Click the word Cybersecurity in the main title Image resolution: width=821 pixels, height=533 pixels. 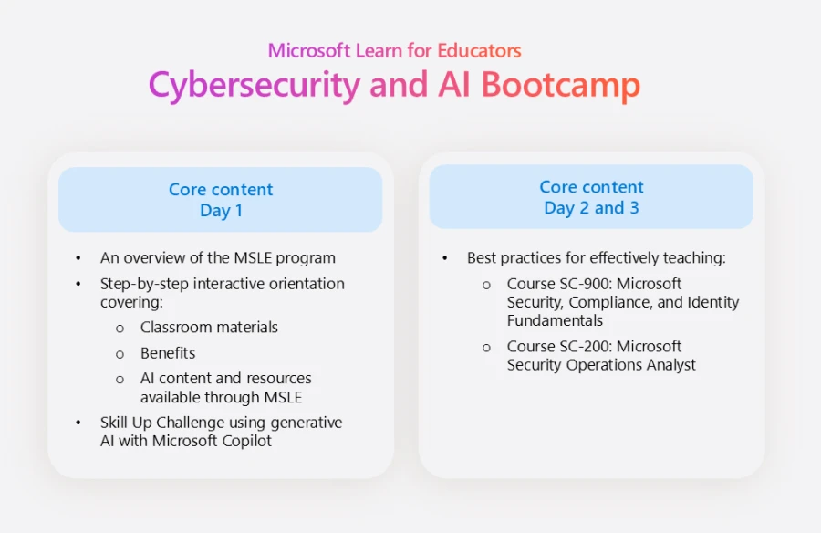coord(255,85)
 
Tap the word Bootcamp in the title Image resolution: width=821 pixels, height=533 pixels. coord(560,85)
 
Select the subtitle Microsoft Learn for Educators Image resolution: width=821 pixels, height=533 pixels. coord(394,50)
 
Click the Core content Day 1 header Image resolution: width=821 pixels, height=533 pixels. coord(221,200)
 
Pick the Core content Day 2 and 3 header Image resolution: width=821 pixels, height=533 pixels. coord(591,197)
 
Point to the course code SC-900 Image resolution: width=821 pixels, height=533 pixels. coord(583,284)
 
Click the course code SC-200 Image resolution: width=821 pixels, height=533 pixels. coord(583,346)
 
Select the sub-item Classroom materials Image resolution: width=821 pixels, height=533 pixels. coord(209,327)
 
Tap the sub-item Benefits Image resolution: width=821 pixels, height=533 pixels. coord(168,352)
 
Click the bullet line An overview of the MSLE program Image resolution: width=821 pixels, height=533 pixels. coord(217,257)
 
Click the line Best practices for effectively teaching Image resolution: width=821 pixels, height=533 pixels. coord(596,257)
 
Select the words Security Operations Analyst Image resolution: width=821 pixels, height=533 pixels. coord(601,365)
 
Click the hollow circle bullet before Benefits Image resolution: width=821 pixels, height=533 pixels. coord(120,353)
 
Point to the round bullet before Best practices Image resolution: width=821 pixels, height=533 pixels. coord(445,258)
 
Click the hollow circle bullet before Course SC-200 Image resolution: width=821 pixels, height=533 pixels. coord(487,347)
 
